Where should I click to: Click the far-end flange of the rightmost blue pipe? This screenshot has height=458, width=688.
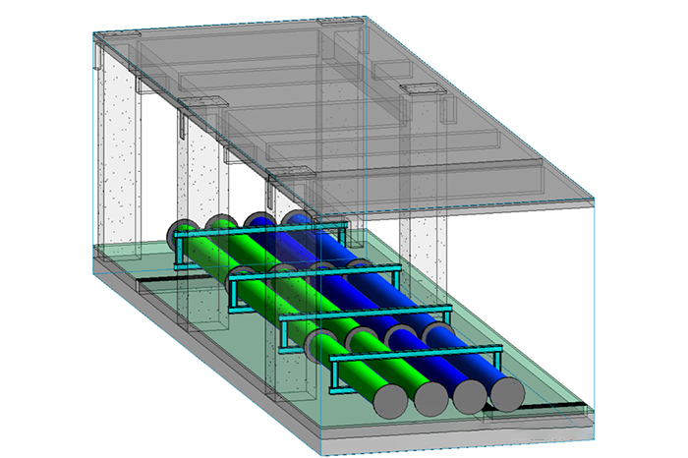tap(294, 217)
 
